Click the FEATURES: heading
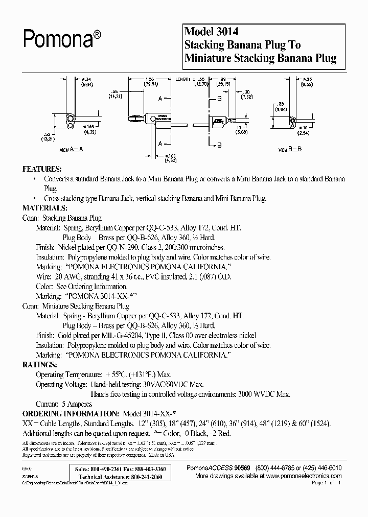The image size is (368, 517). [x=42, y=169]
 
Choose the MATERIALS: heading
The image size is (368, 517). [x=45, y=208]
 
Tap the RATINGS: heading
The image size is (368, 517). [x=39, y=365]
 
